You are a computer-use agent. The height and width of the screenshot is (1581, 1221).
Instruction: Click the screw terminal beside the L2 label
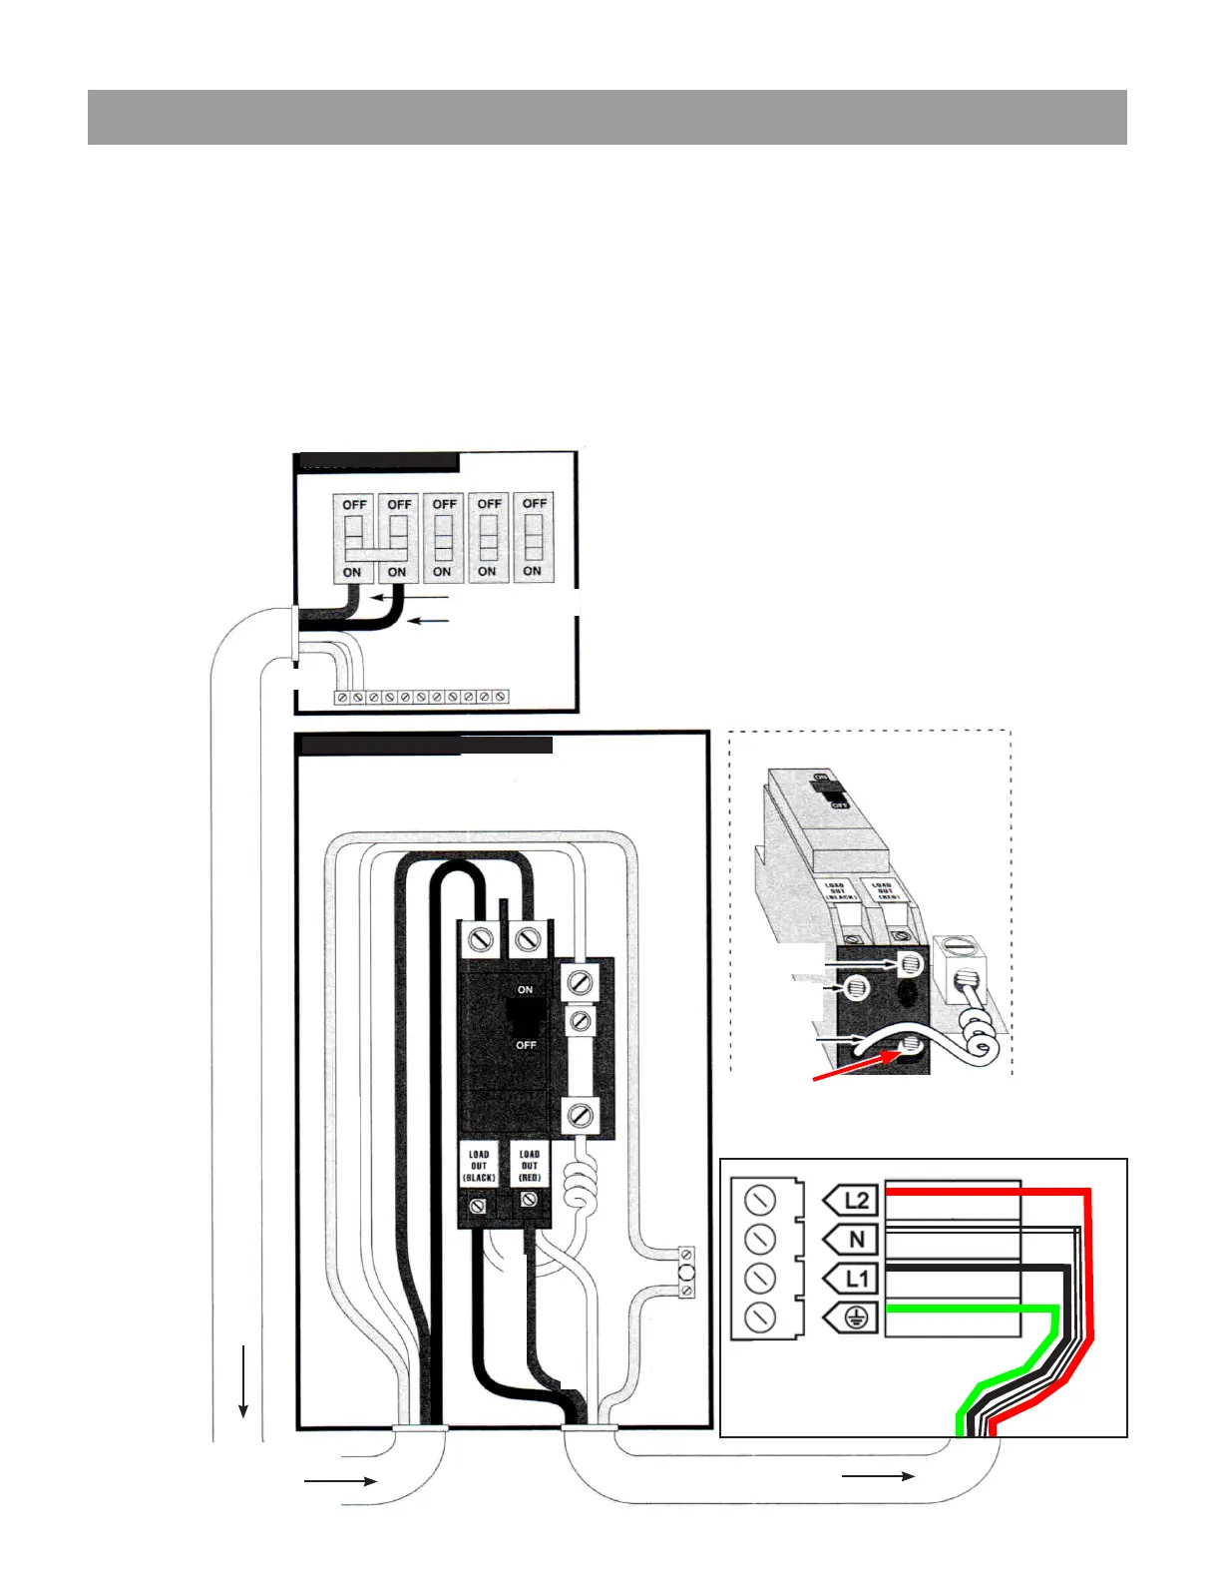[760, 1201]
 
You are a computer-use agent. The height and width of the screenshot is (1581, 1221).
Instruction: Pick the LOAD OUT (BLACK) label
[479, 1166]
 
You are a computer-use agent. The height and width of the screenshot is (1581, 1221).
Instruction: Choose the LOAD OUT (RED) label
[529, 1166]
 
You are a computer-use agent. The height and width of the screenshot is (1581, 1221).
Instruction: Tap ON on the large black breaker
[525, 990]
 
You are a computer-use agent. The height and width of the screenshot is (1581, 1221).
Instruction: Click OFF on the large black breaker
[526, 1045]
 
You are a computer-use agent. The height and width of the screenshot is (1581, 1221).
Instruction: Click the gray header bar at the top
[607, 117]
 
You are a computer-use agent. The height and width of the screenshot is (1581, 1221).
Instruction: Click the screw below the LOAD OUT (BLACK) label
[479, 1207]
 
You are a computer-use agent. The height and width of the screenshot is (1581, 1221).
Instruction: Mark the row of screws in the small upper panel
[421, 697]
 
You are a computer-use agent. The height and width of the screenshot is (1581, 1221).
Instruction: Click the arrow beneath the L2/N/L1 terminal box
[878, 1475]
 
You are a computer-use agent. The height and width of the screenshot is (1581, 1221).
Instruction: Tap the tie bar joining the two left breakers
[376, 551]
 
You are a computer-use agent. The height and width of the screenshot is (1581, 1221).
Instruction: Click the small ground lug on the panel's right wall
[686, 1273]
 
